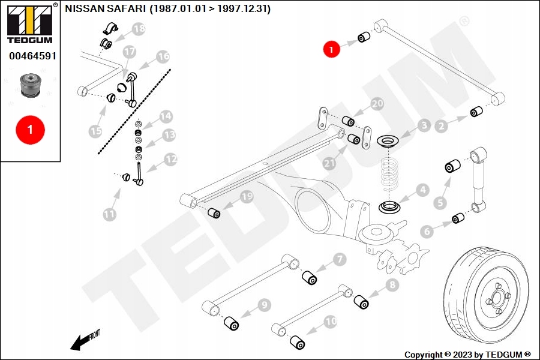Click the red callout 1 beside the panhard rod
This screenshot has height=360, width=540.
pyautogui.click(x=332, y=49)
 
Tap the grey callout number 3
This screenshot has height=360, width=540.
pyautogui.click(x=424, y=126)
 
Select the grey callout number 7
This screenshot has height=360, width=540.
pyautogui.click(x=340, y=260)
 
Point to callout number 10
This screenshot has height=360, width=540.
pyautogui.click(x=331, y=321)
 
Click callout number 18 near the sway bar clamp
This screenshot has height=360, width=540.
pyautogui.click(x=139, y=29)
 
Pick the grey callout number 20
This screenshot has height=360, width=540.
pyautogui.click(x=377, y=104)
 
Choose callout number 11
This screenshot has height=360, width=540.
pyautogui.click(x=109, y=214)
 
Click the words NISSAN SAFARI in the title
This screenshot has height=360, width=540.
pyautogui.click(x=106, y=9)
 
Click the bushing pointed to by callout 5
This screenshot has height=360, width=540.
pyautogui.click(x=454, y=165)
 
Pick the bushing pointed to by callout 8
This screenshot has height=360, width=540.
pyautogui.click(x=362, y=301)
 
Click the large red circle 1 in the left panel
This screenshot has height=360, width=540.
pyautogui.click(x=30, y=128)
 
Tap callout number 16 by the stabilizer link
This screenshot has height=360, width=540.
pyautogui.click(x=163, y=58)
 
